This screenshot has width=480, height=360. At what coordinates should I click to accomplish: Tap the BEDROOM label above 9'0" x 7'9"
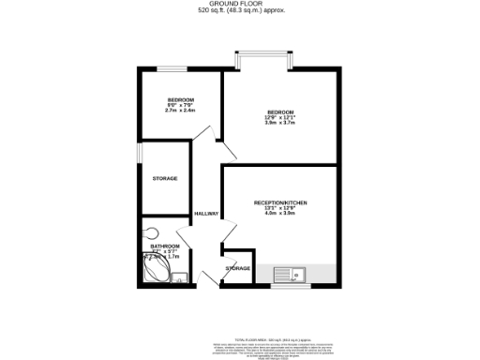(180, 99)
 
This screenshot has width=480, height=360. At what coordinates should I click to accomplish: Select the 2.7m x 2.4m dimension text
(180, 111)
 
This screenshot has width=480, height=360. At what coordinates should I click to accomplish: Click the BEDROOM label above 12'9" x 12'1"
(280, 112)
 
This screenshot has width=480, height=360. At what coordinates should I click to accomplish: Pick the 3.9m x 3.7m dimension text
(280, 124)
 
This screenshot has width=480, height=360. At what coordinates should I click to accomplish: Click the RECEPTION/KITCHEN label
(280, 202)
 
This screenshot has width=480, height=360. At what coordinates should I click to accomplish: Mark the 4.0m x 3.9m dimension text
(280, 214)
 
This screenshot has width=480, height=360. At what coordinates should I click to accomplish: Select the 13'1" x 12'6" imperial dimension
(280, 208)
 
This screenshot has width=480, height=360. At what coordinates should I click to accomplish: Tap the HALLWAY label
(206, 214)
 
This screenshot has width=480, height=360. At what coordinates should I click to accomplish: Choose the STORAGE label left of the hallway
(165, 178)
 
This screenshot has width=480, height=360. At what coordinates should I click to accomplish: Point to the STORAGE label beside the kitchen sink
(238, 269)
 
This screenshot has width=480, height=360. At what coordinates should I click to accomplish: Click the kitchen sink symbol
(292, 274)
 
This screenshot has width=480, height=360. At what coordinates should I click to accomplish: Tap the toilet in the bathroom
(150, 234)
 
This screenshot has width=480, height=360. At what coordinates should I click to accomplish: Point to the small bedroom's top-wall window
(169, 69)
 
